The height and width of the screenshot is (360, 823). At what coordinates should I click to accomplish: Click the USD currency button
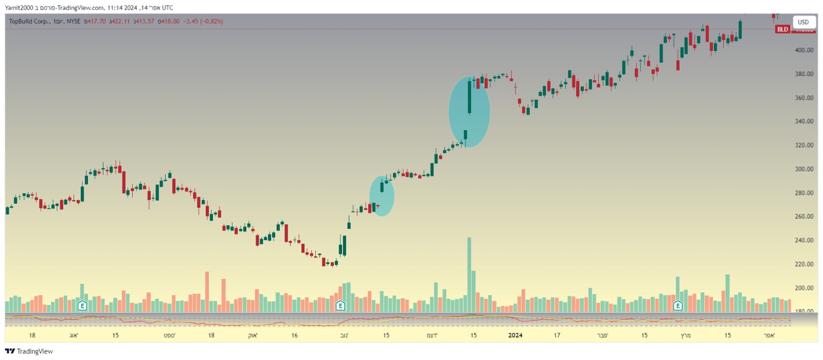pyautogui.click(x=803, y=22)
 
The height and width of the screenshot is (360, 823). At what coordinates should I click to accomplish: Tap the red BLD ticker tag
pyautogui.click(x=782, y=29)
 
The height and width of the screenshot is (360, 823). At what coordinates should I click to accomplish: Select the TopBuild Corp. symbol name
pyautogui.click(x=29, y=22)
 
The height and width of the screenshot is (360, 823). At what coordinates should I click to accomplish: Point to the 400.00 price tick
pyautogui.click(x=804, y=50)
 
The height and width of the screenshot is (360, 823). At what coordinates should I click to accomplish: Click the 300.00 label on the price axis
pyautogui.click(x=804, y=169)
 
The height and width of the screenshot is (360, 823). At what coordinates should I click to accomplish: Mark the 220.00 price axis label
pyautogui.click(x=804, y=264)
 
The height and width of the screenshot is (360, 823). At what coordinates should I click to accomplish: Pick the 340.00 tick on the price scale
pyautogui.click(x=804, y=121)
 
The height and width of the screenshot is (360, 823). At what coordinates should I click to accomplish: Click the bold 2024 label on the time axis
pyautogui.click(x=515, y=335)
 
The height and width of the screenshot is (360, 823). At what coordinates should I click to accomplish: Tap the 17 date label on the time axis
pyautogui.click(x=557, y=335)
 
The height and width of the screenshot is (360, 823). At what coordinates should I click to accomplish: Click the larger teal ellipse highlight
pyautogui.click(x=469, y=112)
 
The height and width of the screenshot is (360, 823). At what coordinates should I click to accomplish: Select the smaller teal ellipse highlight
pyautogui.click(x=382, y=196)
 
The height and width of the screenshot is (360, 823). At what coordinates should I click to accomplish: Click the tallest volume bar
pyautogui.click(x=469, y=275)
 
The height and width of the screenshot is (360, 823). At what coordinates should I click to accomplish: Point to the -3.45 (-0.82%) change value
pyautogui.click(x=203, y=22)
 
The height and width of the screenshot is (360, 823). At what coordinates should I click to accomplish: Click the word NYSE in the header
pyautogui.click(x=74, y=22)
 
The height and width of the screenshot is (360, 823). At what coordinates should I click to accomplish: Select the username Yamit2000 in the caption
pyautogui.click(x=19, y=8)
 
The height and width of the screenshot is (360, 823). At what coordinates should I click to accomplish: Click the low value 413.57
pyautogui.click(x=145, y=22)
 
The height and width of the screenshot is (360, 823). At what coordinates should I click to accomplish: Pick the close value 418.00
pyautogui.click(x=169, y=22)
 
